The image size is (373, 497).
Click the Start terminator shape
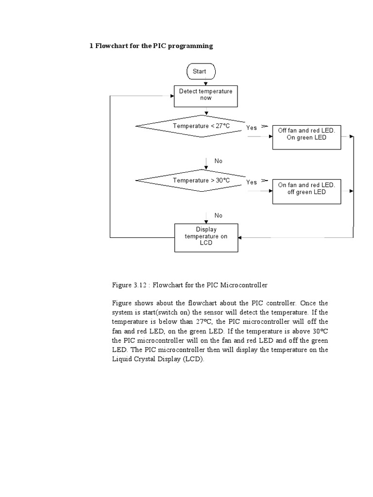point(201,71)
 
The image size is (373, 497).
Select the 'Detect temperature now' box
point(206,95)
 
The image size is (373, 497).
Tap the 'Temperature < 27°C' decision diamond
point(201,126)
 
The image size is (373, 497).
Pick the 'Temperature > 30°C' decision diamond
point(201,181)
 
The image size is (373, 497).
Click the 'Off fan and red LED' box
point(306,134)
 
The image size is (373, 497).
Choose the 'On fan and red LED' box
point(306,188)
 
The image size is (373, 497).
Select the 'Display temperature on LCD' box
point(206,236)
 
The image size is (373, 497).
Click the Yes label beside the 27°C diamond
point(252,128)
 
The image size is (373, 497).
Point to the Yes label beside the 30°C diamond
point(252,182)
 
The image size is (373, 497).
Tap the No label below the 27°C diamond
point(218,161)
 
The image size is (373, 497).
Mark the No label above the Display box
point(218,215)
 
